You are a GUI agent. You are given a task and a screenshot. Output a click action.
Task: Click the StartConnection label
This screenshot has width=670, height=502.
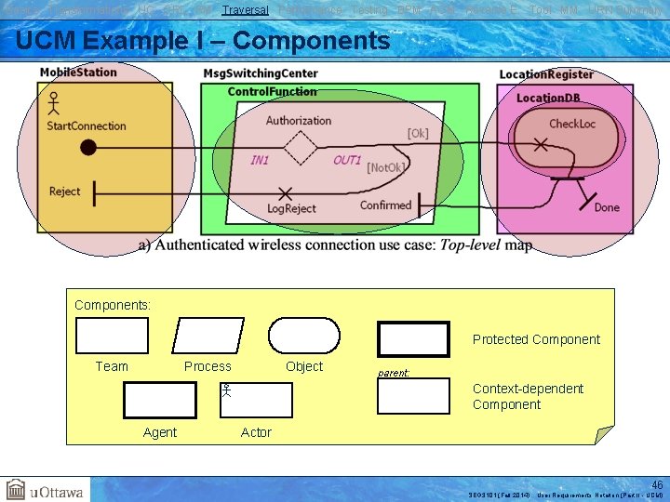coord(87,125)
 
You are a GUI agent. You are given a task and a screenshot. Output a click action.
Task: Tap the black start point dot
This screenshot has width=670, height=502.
coord(88,147)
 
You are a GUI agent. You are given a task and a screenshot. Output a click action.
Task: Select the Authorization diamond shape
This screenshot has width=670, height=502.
coord(301,147)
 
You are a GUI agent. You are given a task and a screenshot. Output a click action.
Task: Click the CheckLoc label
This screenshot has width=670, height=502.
coord(571,124)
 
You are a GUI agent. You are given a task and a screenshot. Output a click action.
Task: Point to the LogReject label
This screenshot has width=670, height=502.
coord(291,208)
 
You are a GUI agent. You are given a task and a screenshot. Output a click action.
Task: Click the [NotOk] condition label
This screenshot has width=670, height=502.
coord(386,167)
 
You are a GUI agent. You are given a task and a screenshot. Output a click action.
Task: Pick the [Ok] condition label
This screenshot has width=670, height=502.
coord(418,133)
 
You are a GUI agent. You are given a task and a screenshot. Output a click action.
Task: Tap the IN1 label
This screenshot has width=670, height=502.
coord(260,160)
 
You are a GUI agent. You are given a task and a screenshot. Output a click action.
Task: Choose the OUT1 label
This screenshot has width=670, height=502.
coord(347,160)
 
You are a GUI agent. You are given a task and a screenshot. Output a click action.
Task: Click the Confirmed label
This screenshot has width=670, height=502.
coord(385,205)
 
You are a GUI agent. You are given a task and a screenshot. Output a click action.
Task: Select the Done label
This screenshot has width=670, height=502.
coord(607,207)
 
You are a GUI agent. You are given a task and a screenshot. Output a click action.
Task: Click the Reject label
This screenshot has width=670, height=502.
coord(65,192)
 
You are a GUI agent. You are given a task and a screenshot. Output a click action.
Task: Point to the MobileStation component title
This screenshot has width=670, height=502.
coord(78,73)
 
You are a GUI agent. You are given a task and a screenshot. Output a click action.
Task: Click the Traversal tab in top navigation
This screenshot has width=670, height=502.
coord(246,9)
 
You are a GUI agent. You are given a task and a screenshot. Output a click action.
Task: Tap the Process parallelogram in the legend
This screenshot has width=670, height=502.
coord(208,336)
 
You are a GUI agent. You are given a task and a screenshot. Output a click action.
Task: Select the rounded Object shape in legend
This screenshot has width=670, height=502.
coord(304,336)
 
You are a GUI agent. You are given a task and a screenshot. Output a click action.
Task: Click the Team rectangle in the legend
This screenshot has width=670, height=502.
coord(112,336)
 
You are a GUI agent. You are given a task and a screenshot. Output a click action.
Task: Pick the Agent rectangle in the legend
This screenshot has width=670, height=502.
coord(160,400)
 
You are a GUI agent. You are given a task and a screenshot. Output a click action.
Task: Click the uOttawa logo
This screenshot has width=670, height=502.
coord(45,490)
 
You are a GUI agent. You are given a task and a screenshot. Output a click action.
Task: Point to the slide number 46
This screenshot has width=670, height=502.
coord(657,484)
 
